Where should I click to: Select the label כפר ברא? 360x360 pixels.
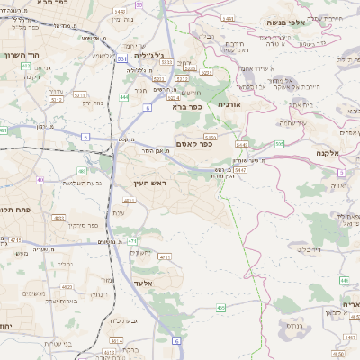187,106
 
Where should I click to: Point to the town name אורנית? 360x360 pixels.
229,104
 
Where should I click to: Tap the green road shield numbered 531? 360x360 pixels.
121,58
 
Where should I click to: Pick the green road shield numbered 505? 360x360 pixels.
280,142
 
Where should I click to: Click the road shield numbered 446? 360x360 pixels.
345,281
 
